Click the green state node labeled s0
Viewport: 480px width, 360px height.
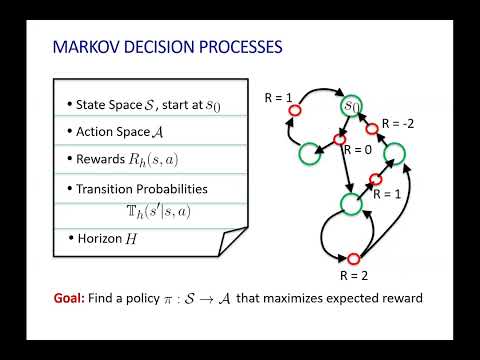pos(350,105)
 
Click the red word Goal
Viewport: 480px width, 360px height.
pos(71,298)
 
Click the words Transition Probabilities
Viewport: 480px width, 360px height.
pos(136,188)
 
